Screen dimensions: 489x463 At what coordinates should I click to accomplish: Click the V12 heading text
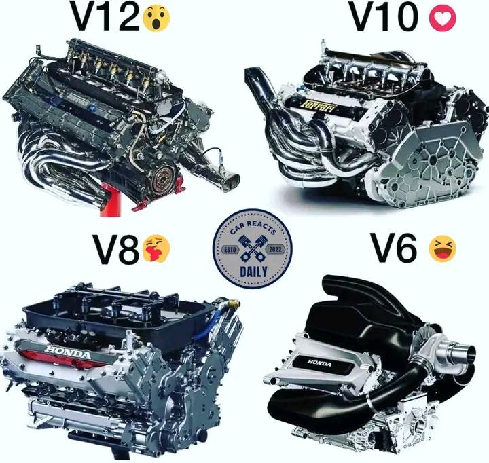click(105, 16)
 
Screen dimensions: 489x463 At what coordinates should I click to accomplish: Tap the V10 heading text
click(384, 16)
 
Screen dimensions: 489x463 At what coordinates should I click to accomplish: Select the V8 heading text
click(116, 248)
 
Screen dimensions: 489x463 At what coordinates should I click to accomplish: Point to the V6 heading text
click(393, 248)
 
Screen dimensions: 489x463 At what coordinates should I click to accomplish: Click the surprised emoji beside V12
click(156, 18)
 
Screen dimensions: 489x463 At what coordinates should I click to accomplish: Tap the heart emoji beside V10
click(443, 18)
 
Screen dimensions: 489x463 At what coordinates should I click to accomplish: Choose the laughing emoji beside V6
click(443, 248)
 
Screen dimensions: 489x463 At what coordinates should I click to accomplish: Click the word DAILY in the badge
click(253, 272)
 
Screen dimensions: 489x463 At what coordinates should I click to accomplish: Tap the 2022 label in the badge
click(275, 249)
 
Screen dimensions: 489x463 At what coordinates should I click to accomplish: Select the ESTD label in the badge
click(231, 250)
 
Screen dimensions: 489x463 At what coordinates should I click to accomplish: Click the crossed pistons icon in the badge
click(253, 248)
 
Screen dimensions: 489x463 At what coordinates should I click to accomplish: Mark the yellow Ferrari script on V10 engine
click(319, 107)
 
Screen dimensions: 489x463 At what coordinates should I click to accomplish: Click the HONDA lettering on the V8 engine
click(68, 352)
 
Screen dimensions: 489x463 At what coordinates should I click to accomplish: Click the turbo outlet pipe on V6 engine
click(458, 352)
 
